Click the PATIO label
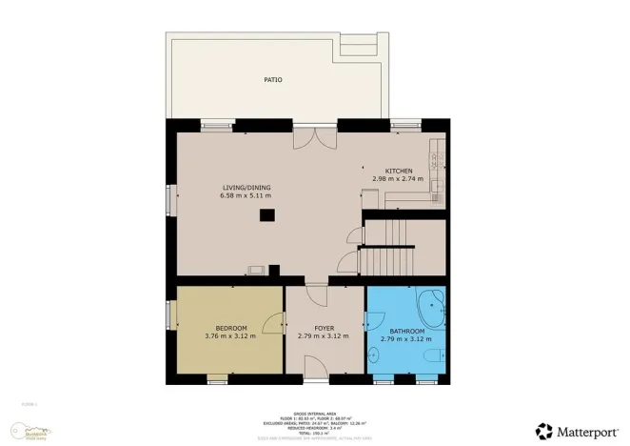273,80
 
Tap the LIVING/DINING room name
241,188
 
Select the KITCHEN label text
399,171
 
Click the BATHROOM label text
406,331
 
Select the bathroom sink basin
374,356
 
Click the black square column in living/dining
267,215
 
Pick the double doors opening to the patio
310,140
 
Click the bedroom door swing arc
273,325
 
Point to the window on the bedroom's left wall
170,315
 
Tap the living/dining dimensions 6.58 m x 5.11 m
241,196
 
